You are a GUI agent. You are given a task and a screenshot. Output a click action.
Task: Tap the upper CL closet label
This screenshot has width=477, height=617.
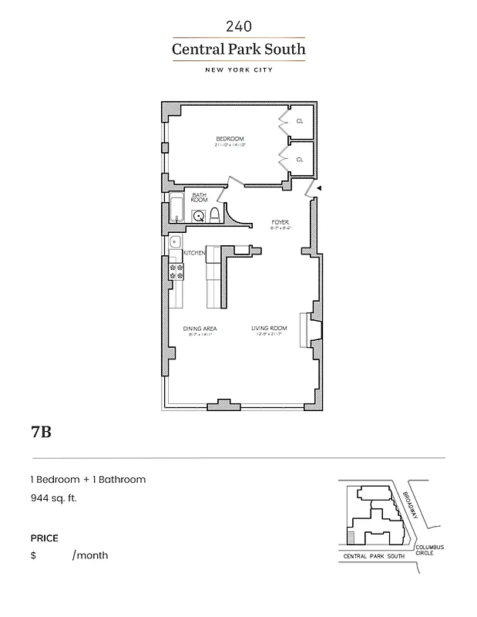click(300, 121)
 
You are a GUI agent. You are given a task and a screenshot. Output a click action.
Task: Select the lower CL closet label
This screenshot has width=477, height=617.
click(300, 160)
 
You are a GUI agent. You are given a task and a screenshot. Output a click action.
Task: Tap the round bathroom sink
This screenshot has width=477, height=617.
click(198, 217)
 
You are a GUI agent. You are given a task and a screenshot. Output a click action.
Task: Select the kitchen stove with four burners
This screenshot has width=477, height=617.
click(176, 270)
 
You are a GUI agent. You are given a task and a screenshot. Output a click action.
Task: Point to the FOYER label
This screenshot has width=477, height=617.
click(279, 223)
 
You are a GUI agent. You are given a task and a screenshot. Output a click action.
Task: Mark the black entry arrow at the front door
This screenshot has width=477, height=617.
click(320, 188)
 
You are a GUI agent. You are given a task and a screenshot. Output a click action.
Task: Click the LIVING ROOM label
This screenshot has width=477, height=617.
click(269, 329)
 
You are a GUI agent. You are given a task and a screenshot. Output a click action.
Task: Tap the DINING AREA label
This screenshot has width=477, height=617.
click(199, 329)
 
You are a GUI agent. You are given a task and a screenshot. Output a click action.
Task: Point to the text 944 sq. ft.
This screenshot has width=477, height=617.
click(54, 498)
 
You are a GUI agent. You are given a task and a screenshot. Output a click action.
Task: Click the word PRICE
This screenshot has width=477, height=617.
click(44, 538)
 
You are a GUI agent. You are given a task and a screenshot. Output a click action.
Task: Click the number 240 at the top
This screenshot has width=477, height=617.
click(238, 26)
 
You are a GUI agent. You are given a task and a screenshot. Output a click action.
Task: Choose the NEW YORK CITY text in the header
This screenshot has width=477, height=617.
click(238, 70)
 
